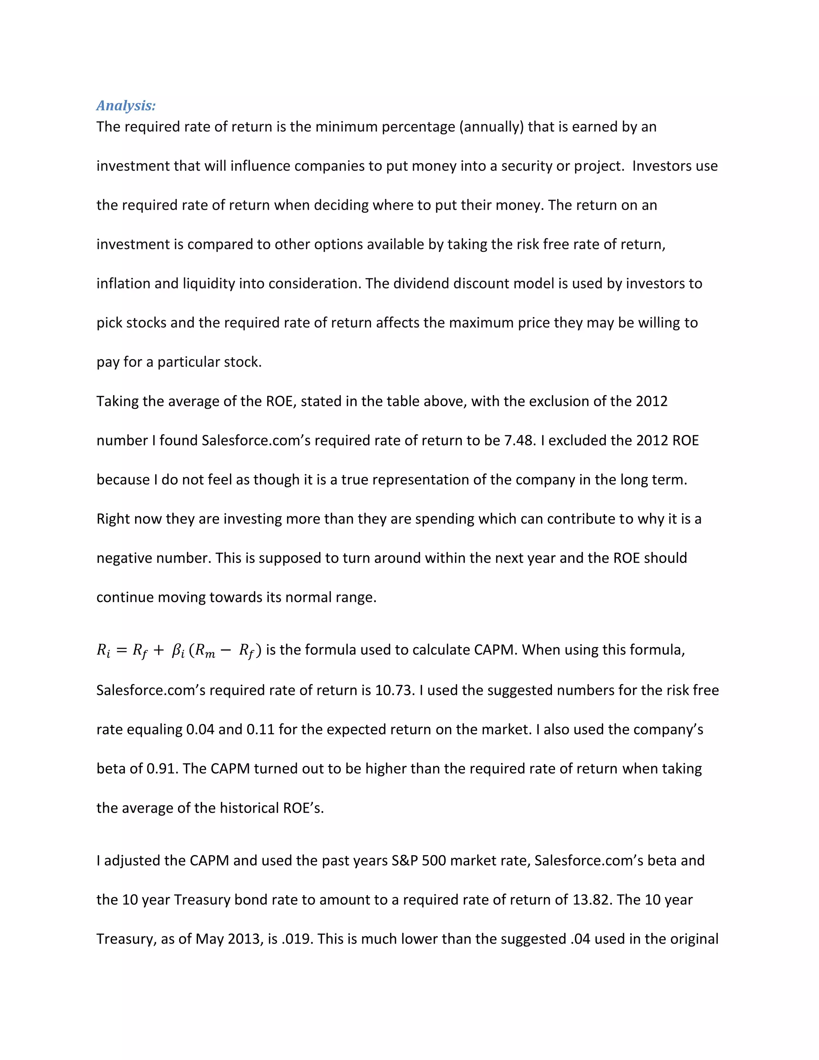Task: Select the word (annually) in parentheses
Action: tap(491, 127)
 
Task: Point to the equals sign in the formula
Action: tap(122, 650)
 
